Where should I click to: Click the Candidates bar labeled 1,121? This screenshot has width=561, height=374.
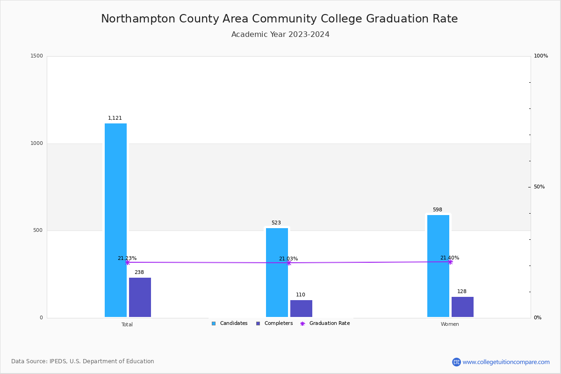pyautogui.click(x=115, y=220)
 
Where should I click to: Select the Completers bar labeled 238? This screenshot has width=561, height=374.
pyautogui.click(x=140, y=297)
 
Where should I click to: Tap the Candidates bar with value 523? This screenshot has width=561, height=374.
pyautogui.click(x=277, y=272)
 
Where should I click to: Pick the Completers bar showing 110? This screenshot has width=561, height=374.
pyautogui.click(x=301, y=309)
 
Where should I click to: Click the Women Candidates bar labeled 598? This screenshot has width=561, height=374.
pyautogui.click(x=438, y=266)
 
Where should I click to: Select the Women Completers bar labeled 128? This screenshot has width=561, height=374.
pyautogui.click(x=462, y=307)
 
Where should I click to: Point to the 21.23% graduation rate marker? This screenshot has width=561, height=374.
pyautogui.click(x=127, y=262)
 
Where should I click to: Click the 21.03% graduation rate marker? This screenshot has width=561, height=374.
pyautogui.click(x=288, y=263)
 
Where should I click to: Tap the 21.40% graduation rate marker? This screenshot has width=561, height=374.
pyautogui.click(x=450, y=262)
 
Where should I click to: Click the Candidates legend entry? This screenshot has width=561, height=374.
pyautogui.click(x=230, y=324)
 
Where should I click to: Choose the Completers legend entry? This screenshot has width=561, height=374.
pyautogui.click(x=274, y=324)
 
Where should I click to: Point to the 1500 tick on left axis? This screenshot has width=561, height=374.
pyautogui.click(x=36, y=56)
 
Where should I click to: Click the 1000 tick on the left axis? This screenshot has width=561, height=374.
pyautogui.click(x=36, y=144)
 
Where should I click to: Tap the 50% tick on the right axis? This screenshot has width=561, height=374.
pyautogui.click(x=539, y=187)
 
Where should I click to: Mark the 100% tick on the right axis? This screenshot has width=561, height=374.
pyautogui.click(x=540, y=56)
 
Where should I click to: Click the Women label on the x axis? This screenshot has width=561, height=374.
pyautogui.click(x=450, y=324)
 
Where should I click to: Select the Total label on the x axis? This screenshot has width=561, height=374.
pyautogui.click(x=127, y=324)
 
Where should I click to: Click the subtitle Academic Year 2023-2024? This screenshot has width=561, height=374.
pyautogui.click(x=280, y=35)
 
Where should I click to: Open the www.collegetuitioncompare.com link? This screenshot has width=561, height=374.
pyautogui.click(x=506, y=362)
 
